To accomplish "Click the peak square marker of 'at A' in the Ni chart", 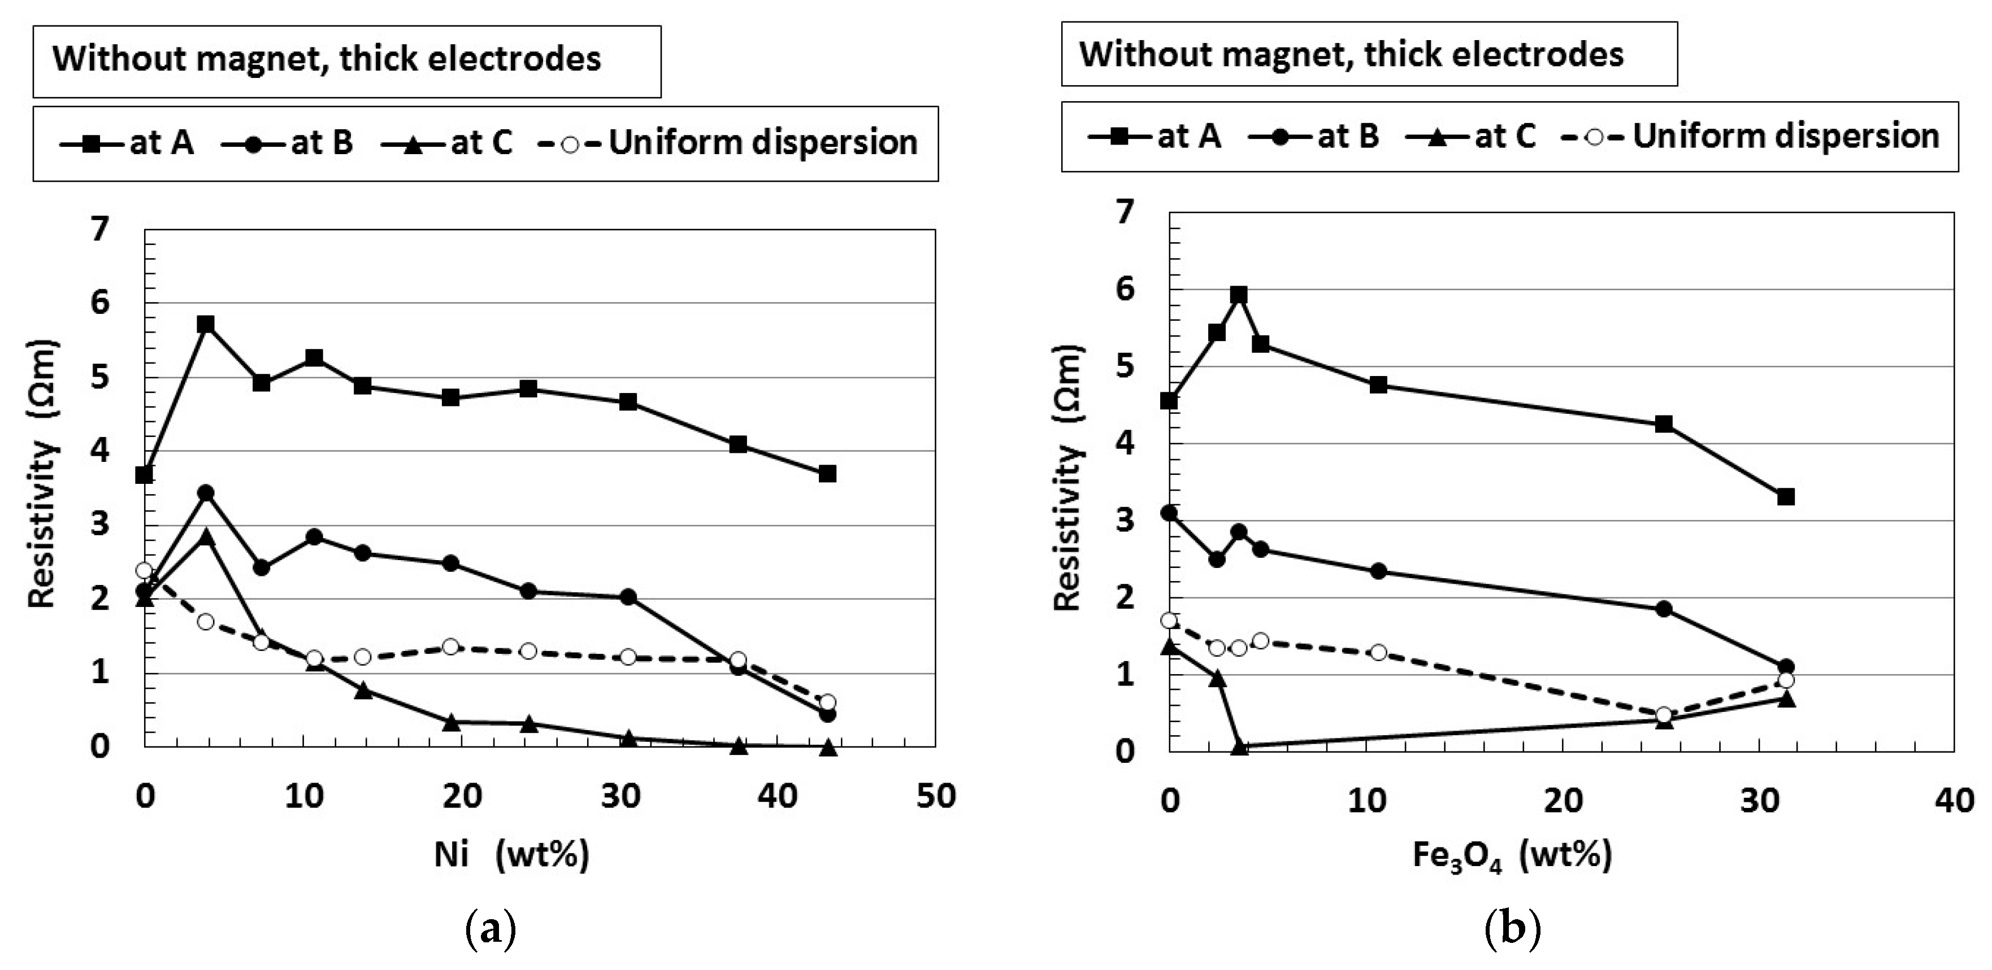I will (x=206, y=324).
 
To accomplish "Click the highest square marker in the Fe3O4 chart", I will (x=1239, y=295).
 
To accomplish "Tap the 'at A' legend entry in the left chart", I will (x=128, y=143).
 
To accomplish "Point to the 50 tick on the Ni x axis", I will (x=936, y=797).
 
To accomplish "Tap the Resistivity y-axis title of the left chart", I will (x=42, y=473).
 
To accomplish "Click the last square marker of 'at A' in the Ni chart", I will (x=827, y=473).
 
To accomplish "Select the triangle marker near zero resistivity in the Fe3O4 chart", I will (x=1240, y=746).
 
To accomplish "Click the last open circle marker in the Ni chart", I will (x=827, y=702).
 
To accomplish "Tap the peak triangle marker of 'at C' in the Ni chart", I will (x=206, y=536).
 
